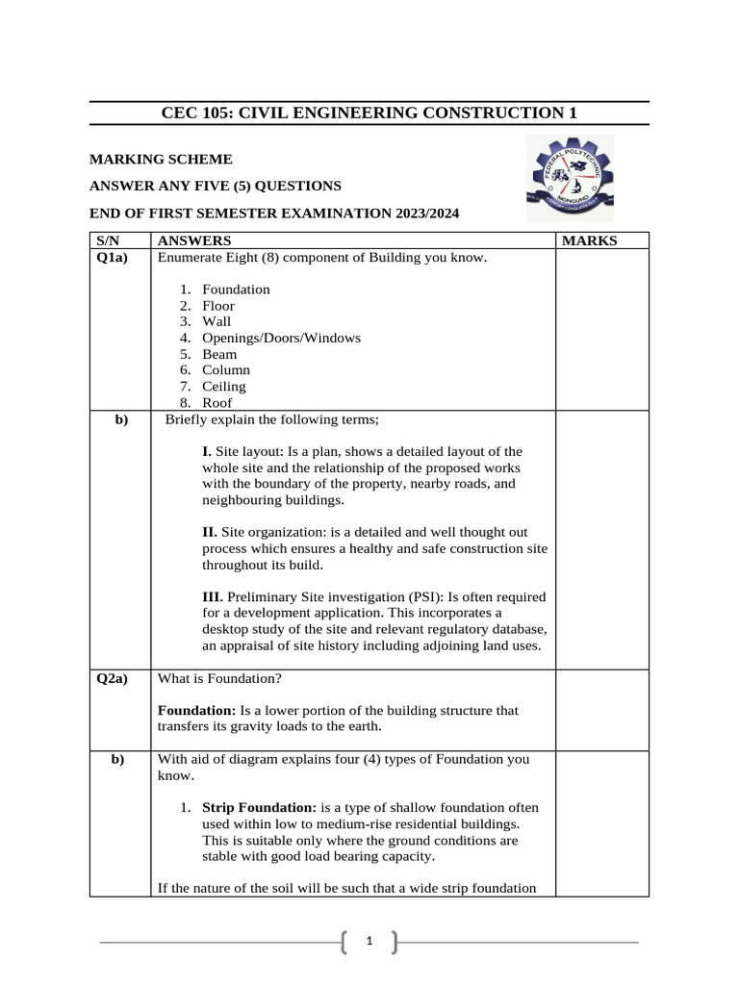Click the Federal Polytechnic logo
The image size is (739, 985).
click(570, 179)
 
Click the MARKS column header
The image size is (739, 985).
click(589, 240)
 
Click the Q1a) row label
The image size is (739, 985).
click(113, 257)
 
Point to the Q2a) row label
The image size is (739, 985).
click(113, 678)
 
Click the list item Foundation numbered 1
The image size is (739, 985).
click(236, 290)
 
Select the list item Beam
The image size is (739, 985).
click(219, 354)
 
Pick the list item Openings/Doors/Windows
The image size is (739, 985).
click(281, 338)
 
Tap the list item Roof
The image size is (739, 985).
click(217, 403)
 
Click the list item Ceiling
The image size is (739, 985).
click(223, 387)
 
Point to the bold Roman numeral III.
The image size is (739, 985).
click(212, 597)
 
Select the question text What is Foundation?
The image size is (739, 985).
click(219, 678)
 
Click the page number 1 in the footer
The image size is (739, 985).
click(369, 943)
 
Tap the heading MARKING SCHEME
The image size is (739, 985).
click(161, 160)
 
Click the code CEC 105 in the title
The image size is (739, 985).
click(195, 114)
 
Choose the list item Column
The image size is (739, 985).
click(225, 370)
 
